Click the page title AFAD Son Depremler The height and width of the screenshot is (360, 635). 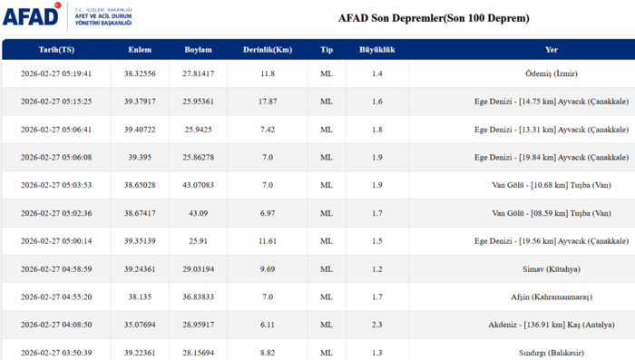pos(434,18)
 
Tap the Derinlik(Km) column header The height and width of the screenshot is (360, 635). pos(267,50)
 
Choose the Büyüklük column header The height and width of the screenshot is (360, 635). pos(376,50)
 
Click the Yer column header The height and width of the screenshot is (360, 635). pos(552,50)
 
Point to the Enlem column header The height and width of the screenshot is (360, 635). pos(141,50)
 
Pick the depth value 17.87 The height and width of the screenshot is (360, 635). pos(267,102)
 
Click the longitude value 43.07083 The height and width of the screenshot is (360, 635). pos(199,185)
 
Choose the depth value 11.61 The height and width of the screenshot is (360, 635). pos(267,241)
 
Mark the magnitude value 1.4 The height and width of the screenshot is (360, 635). pos(376,73)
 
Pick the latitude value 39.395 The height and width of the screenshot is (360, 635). pos(141,157)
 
